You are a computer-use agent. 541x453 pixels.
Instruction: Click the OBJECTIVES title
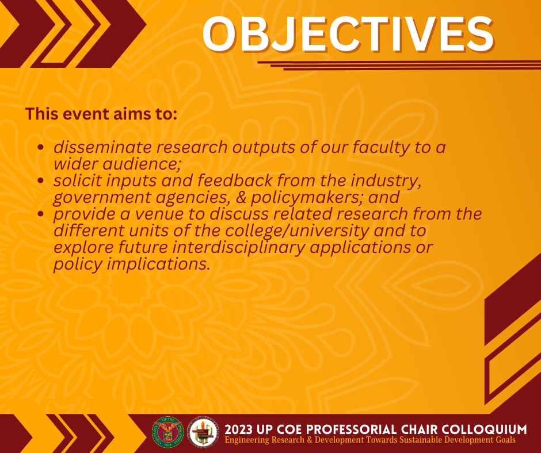coord(348,34)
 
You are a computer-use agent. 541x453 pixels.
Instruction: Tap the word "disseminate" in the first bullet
coord(102,147)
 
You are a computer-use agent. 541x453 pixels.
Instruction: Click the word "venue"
coord(159,214)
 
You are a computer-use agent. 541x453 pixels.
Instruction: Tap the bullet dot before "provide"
coord(41,214)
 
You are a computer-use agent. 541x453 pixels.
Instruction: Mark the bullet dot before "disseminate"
coord(41,147)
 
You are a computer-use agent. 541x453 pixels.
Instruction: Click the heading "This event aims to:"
coord(101,114)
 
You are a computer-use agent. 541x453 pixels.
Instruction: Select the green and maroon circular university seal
coord(167,432)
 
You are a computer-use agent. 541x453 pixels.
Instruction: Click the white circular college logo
coord(203,432)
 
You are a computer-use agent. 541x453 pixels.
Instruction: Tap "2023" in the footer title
coord(238,429)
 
